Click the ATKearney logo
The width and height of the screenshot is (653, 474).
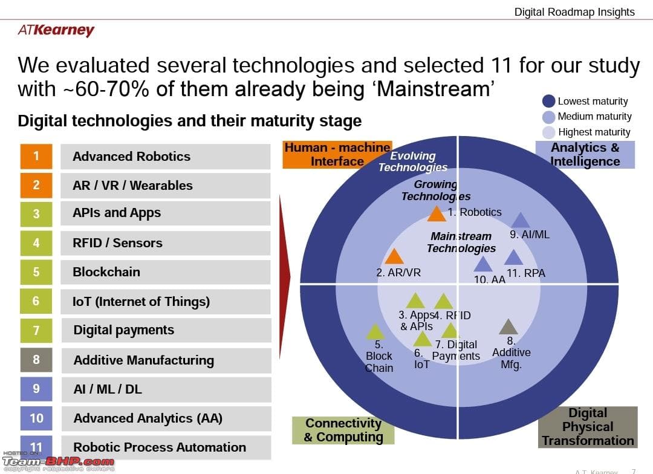coord(56,30)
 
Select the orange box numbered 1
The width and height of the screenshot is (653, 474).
coord(36,157)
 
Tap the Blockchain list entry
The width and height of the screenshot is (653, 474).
coord(165,272)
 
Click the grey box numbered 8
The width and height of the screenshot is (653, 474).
coord(36,360)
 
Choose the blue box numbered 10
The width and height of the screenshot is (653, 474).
coord(36,418)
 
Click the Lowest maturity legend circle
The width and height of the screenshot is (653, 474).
coord(549,101)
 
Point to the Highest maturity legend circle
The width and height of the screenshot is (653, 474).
coord(549,132)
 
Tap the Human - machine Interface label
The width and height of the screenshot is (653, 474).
coord(337,154)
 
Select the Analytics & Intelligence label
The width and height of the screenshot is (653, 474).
coord(585,154)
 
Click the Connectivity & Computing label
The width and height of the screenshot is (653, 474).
coord(343,430)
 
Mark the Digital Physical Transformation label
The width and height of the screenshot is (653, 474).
coord(587,427)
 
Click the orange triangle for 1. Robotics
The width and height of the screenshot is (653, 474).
coord(437,214)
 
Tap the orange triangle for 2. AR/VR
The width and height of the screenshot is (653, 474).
coord(394,257)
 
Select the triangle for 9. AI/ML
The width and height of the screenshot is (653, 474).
coord(520,221)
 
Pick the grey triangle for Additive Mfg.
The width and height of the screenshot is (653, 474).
coord(508,327)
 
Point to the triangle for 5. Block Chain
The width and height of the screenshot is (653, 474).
coord(375,332)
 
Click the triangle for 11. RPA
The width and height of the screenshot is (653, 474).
coord(513,258)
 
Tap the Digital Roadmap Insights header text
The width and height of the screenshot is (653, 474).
coord(574,11)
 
